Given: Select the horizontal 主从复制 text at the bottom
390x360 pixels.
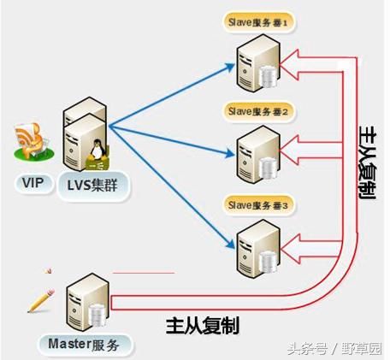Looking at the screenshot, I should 203,325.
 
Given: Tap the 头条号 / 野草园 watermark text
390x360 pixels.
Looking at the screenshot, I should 335,346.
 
